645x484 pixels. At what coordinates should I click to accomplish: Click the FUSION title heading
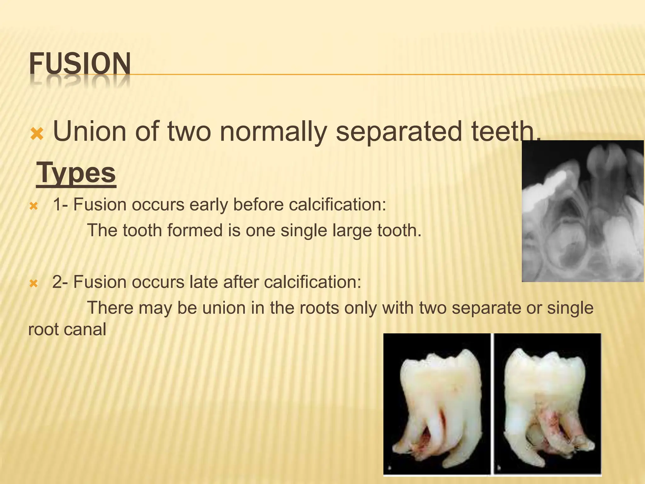click(x=80, y=64)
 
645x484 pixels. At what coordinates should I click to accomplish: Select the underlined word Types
click(x=76, y=173)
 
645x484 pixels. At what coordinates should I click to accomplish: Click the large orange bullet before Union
click(x=37, y=134)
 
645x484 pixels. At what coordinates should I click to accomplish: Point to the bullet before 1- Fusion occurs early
click(x=33, y=207)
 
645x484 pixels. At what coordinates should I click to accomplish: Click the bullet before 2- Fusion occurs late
click(x=33, y=284)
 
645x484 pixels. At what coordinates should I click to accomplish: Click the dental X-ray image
click(x=583, y=211)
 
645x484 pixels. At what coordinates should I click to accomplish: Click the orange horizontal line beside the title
click(x=378, y=75)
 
